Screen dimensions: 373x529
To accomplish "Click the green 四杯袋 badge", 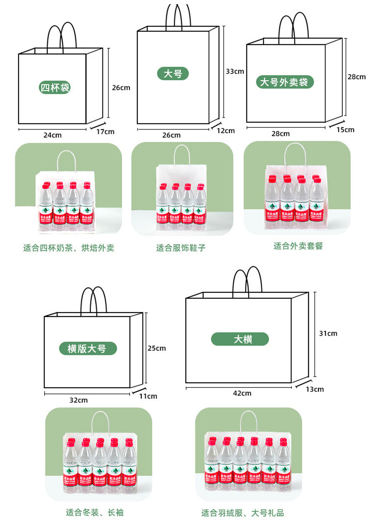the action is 54,88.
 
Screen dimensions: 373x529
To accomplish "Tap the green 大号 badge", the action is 173,74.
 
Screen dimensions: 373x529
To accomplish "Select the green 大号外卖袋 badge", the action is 285,82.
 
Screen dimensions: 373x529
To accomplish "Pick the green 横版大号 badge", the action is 88,348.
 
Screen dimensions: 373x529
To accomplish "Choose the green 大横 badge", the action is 240,339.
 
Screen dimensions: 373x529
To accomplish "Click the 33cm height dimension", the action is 235,71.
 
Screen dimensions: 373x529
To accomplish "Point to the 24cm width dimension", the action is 52,135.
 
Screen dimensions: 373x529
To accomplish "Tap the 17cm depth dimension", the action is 105,132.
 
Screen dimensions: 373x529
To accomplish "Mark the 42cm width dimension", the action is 242,393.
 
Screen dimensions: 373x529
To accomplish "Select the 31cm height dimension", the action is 328,333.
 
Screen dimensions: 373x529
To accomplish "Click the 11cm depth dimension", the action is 148,396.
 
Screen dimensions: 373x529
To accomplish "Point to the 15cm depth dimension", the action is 345,130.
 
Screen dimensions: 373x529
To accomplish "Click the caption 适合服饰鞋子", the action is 181,248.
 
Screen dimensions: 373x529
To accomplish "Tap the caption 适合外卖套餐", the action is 298,246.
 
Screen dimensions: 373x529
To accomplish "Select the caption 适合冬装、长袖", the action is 94,512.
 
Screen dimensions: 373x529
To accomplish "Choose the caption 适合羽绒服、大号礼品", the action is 243,513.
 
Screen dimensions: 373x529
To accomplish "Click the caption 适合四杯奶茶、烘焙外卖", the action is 69,248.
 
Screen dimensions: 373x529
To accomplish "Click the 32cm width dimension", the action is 78,400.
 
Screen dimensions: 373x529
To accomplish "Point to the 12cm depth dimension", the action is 225,131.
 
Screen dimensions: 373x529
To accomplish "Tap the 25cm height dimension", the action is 156,348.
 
